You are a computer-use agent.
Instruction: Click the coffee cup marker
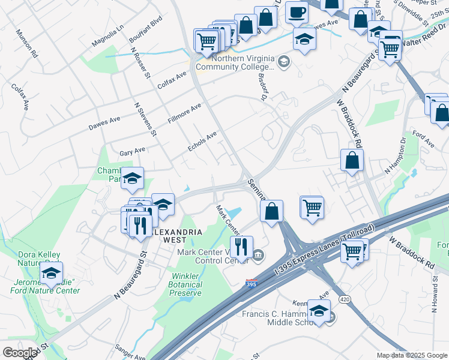[297, 12]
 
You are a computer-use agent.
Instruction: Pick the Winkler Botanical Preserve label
[185, 285]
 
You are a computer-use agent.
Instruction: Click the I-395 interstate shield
[252, 283]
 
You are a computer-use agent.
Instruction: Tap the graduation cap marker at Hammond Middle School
[319, 310]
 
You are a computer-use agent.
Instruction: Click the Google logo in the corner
[20, 352]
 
